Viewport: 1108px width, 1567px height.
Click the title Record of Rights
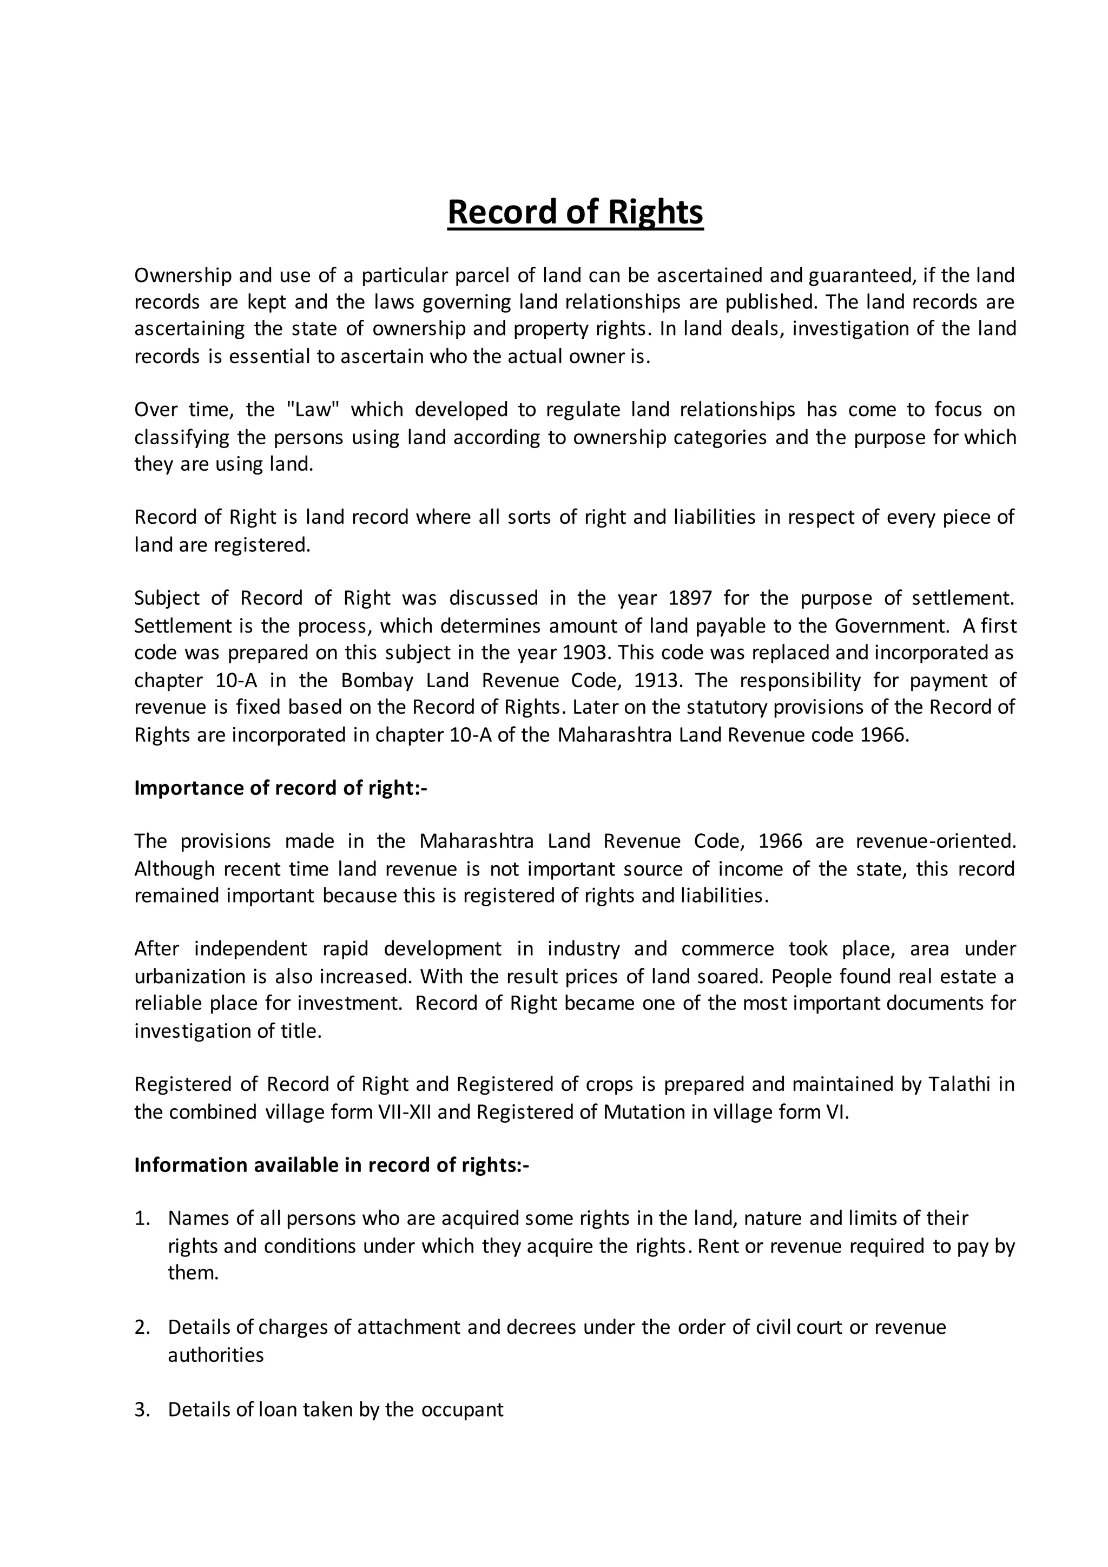click(575, 212)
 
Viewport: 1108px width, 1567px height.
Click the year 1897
click(690, 598)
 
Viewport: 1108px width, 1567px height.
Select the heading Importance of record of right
click(280, 788)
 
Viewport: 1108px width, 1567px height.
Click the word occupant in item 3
click(462, 1410)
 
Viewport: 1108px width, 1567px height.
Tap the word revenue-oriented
click(935, 841)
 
